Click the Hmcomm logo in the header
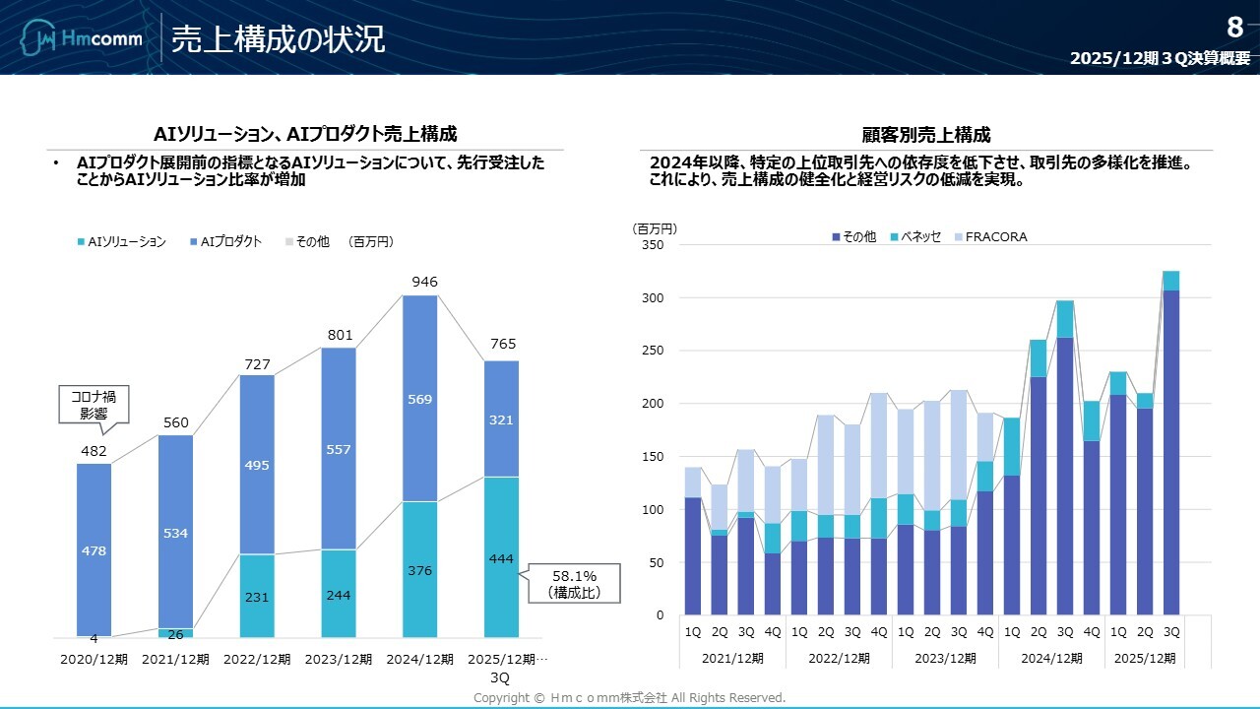tap(82, 39)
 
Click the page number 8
tap(1234, 28)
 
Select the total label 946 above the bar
tap(424, 283)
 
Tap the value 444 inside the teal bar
tap(501, 559)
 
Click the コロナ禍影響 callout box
tap(94, 406)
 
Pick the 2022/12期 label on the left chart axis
tap(256, 659)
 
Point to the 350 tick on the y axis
tap(654, 245)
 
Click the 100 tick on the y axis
tap(654, 510)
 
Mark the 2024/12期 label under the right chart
tap(1050, 658)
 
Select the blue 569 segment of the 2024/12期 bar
tap(420, 399)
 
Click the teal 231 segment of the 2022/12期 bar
tap(256, 597)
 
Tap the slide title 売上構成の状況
tap(278, 39)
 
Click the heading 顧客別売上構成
tap(925, 135)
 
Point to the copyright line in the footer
tap(629, 698)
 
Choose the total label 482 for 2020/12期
tap(94, 452)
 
